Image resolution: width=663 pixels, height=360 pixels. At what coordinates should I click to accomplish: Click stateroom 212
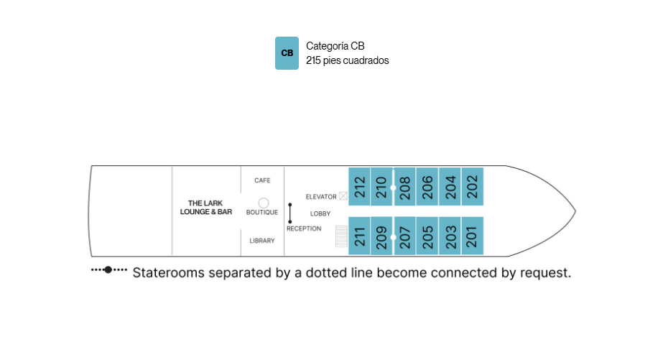[x=359, y=187]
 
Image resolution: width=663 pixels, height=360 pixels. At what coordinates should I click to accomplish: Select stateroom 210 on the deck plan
[x=381, y=187]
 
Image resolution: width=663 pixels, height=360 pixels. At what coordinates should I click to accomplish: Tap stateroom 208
[x=404, y=187]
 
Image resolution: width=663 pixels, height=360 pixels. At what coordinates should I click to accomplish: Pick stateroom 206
[x=427, y=187]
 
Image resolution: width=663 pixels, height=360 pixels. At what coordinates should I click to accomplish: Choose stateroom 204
[x=450, y=187]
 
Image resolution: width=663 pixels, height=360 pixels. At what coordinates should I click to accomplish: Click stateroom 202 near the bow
[x=473, y=187]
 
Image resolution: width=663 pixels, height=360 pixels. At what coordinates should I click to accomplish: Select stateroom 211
[x=359, y=236]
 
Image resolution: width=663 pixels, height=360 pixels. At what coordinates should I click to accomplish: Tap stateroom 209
[x=381, y=236]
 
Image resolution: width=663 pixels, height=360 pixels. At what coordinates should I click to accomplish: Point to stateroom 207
[x=404, y=236]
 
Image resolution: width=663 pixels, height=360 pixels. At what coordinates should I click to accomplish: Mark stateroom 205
[x=427, y=236]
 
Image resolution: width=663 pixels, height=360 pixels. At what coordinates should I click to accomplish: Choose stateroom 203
[x=450, y=236]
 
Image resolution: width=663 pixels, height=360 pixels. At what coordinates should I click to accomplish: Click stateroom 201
[x=473, y=236]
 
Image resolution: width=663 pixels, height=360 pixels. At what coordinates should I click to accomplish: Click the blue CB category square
[x=287, y=53]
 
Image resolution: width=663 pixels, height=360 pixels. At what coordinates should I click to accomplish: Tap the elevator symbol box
[x=343, y=196]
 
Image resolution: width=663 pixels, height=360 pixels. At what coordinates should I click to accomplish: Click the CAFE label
[x=262, y=180]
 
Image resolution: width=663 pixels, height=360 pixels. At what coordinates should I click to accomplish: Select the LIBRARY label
[x=262, y=241]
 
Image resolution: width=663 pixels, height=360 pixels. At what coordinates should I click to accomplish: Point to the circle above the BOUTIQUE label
[x=264, y=203]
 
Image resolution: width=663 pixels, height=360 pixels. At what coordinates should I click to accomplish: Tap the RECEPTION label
[x=304, y=229]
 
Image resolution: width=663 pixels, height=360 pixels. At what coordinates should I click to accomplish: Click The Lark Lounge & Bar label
[x=206, y=207]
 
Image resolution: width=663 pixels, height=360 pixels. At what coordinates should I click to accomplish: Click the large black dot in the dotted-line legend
[x=108, y=269]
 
